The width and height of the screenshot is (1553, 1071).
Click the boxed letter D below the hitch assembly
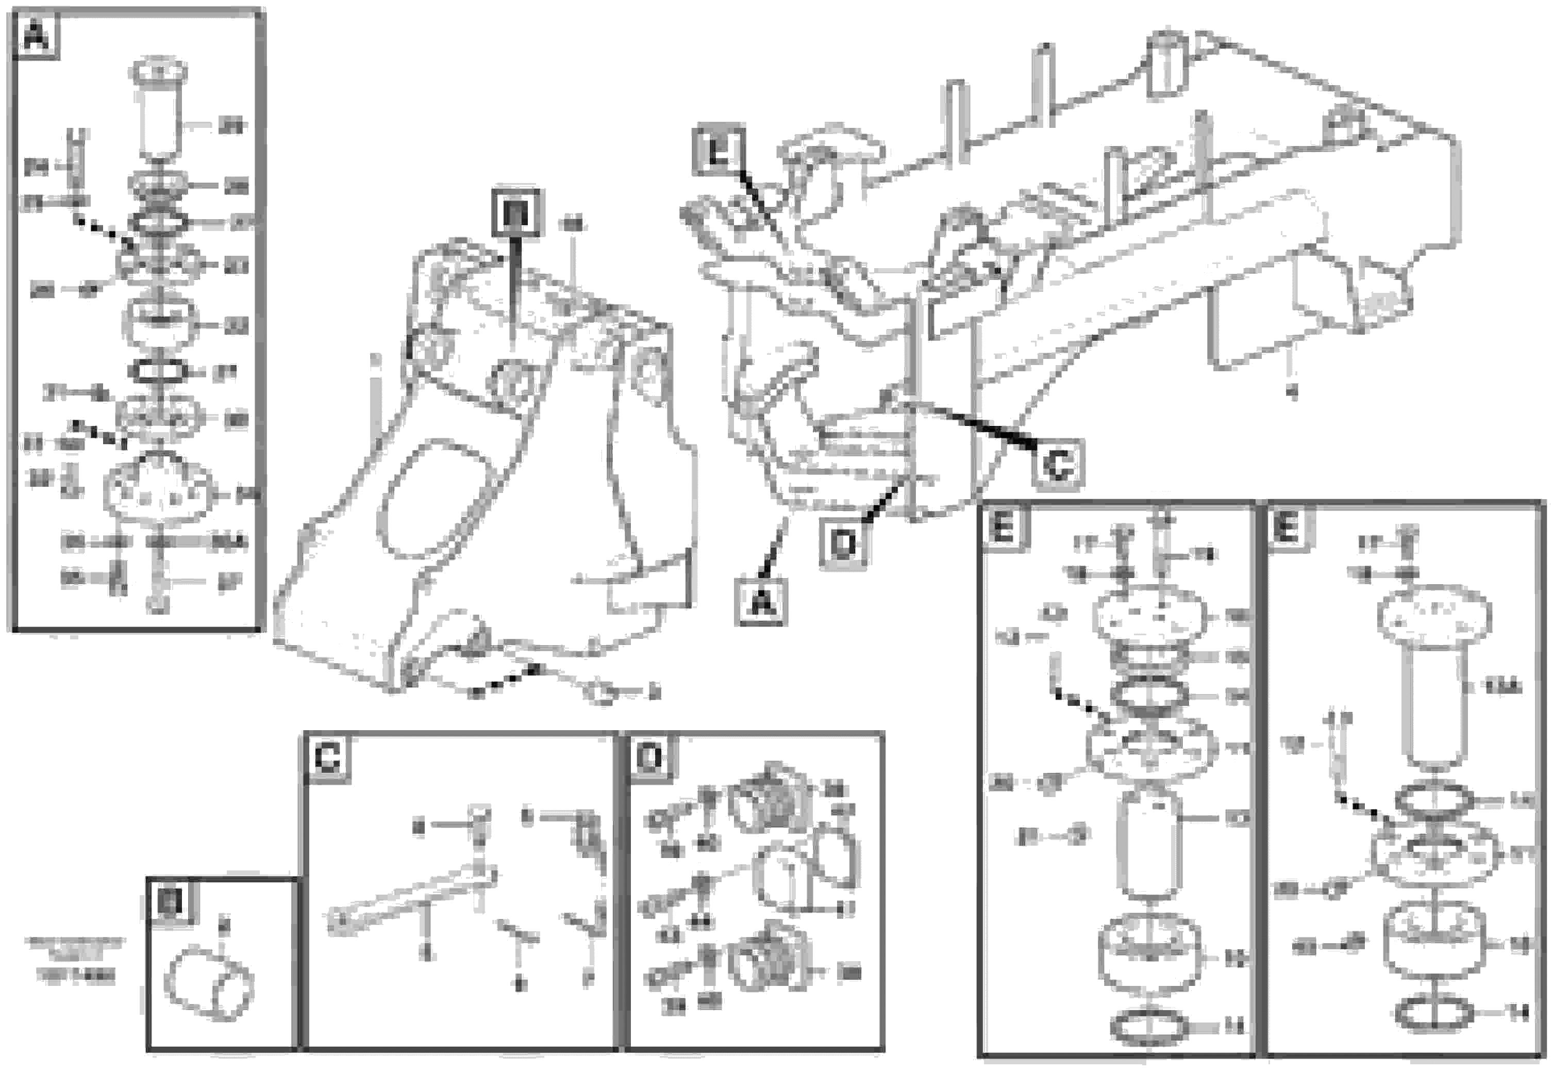[843, 543]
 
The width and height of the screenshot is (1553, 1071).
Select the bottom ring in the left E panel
[1149, 1026]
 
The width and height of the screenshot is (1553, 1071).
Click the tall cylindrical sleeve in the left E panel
[1149, 844]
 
